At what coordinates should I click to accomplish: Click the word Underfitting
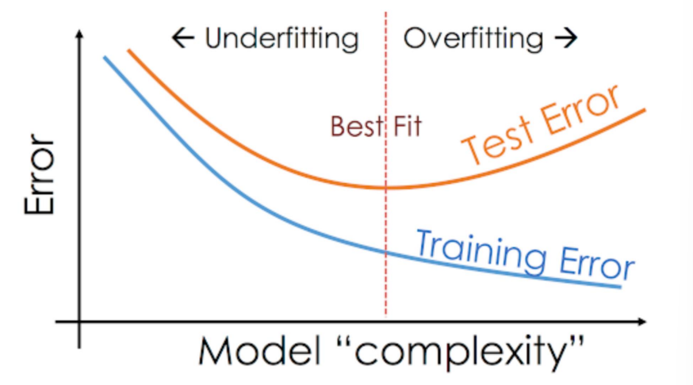[281, 38]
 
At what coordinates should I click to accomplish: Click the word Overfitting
[473, 38]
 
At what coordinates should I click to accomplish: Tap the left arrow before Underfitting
[183, 38]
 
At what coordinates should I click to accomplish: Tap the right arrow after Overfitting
[566, 38]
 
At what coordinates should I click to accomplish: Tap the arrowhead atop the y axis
[79, 35]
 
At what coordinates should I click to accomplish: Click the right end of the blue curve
[619, 286]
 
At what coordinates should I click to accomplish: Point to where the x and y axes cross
[79, 322]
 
